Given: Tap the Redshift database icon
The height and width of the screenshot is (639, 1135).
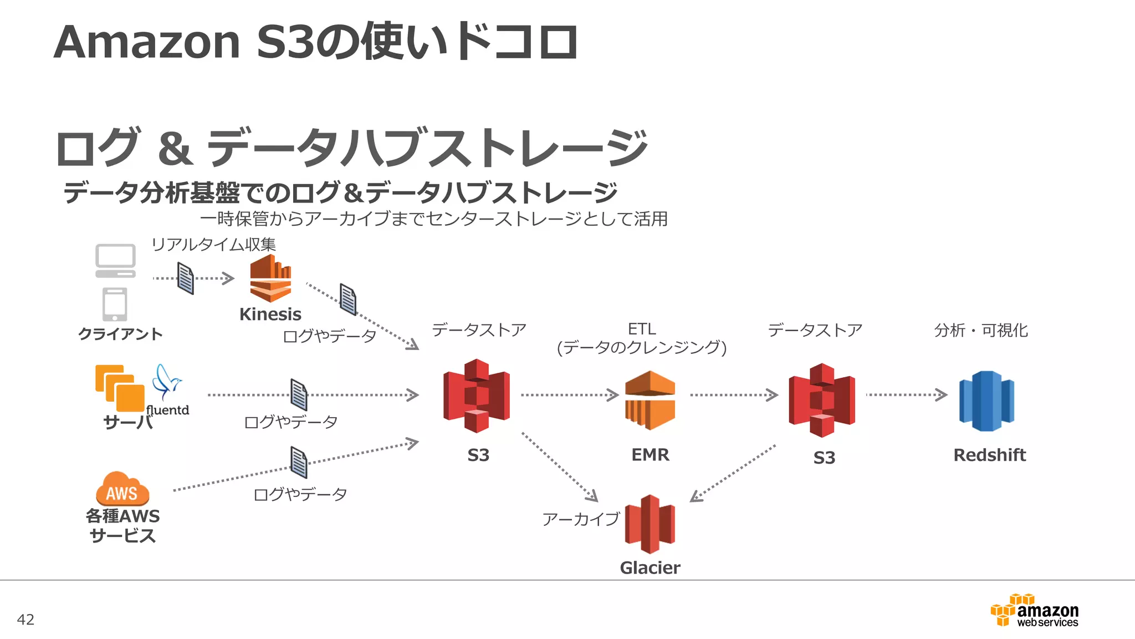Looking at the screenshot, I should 986,400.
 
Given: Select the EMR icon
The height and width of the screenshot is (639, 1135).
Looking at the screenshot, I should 650,400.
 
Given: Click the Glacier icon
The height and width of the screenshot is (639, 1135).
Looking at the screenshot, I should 650,524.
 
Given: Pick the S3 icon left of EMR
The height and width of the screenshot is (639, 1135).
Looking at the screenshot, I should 476,395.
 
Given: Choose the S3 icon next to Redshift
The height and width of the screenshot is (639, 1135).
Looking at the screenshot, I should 822,400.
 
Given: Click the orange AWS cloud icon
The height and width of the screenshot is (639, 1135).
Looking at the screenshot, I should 122,489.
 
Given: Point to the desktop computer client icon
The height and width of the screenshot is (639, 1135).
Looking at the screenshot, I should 115,260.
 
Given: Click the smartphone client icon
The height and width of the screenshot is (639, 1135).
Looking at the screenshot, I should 115,304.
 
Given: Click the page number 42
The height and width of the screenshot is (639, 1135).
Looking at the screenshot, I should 25,620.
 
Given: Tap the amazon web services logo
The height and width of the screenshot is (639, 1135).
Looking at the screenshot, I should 1035,610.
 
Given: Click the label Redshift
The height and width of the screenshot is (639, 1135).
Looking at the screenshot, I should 989,455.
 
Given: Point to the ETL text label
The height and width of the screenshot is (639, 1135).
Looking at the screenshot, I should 642,329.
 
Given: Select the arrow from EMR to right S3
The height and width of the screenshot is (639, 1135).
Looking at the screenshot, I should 734,395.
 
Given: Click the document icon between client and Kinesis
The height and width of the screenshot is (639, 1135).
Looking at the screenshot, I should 186,278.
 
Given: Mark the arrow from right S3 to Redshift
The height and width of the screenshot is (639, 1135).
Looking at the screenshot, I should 906,395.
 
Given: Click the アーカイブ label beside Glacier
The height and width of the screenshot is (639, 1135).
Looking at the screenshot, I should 580,519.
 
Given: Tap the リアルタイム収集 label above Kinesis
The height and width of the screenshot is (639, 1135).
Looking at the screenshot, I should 213,244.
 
